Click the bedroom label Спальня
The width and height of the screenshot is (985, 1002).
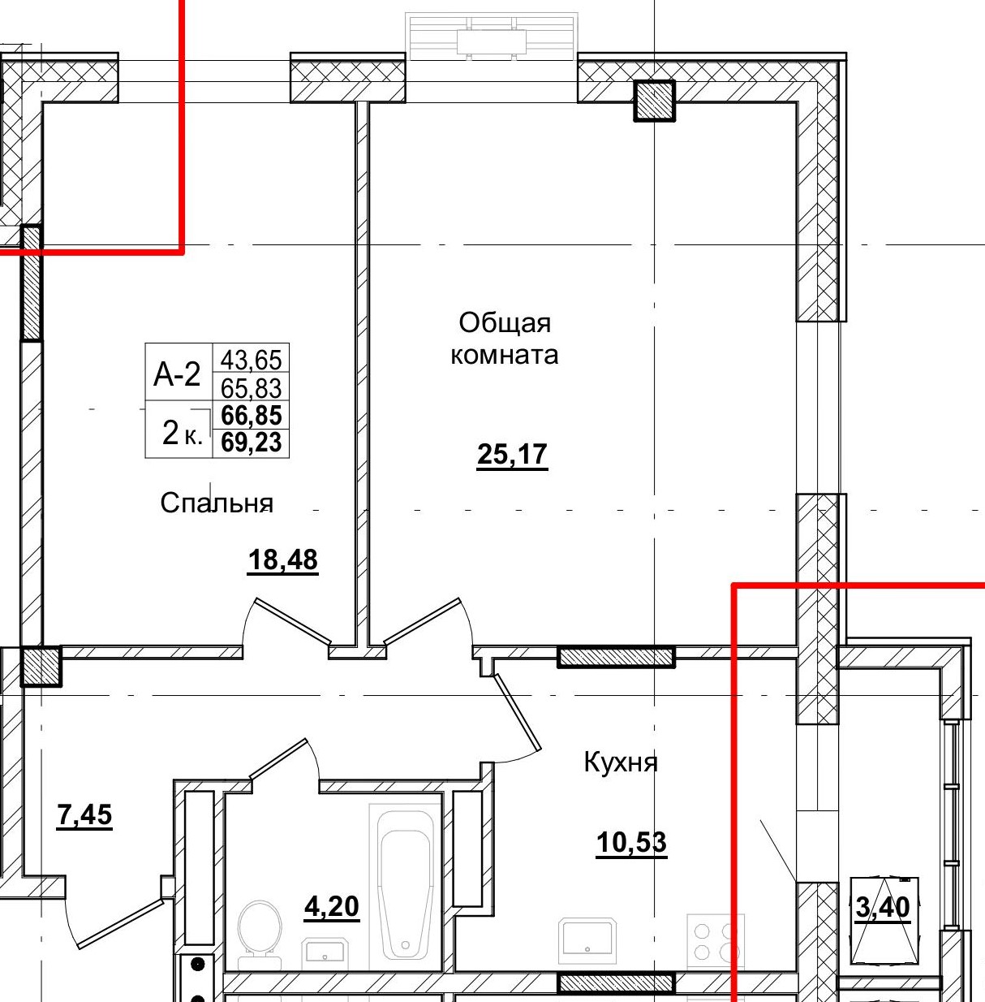(217, 503)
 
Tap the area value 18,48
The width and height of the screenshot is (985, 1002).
(283, 560)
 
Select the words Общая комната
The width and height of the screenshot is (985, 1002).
(504, 339)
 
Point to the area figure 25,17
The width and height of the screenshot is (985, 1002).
(512, 454)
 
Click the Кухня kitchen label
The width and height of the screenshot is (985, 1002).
(621, 762)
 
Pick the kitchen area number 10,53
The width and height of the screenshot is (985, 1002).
(631, 842)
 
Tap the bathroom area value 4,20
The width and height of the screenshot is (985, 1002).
(332, 907)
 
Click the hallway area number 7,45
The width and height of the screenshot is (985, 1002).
(84, 814)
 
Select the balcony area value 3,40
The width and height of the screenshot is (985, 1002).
(883, 908)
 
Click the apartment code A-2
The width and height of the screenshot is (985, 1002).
(177, 374)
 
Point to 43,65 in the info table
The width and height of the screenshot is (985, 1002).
(251, 359)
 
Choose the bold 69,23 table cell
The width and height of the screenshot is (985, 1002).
(251, 442)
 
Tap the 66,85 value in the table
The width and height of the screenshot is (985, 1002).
(251, 415)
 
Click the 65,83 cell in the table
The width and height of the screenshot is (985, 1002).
(251, 387)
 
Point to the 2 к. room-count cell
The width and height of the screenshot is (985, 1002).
(182, 433)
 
